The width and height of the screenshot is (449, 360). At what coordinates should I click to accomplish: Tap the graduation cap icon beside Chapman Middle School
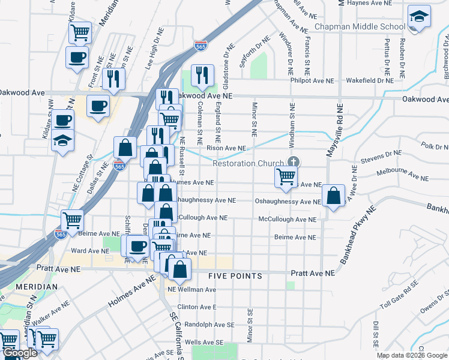coord(419,18)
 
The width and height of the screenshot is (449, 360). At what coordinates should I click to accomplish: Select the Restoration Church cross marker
coord(294,162)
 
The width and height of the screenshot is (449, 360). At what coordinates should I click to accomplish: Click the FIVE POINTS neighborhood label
coord(235,276)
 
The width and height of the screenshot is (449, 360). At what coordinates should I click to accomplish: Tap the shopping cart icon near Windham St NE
coord(286,177)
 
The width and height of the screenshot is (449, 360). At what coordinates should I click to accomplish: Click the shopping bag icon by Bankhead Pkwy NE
coord(333,196)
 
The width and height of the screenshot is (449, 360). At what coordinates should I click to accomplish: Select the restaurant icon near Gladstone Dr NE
coord(202,75)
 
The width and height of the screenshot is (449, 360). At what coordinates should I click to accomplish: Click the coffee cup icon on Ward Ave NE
coord(138,246)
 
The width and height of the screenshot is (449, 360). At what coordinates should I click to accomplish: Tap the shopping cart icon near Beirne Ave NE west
coord(72,220)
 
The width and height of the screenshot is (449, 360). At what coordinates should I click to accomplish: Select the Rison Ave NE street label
coord(226,148)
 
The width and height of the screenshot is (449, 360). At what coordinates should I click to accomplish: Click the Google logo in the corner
coord(20,353)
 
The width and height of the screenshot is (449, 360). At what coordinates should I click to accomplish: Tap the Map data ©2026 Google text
coord(411,355)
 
